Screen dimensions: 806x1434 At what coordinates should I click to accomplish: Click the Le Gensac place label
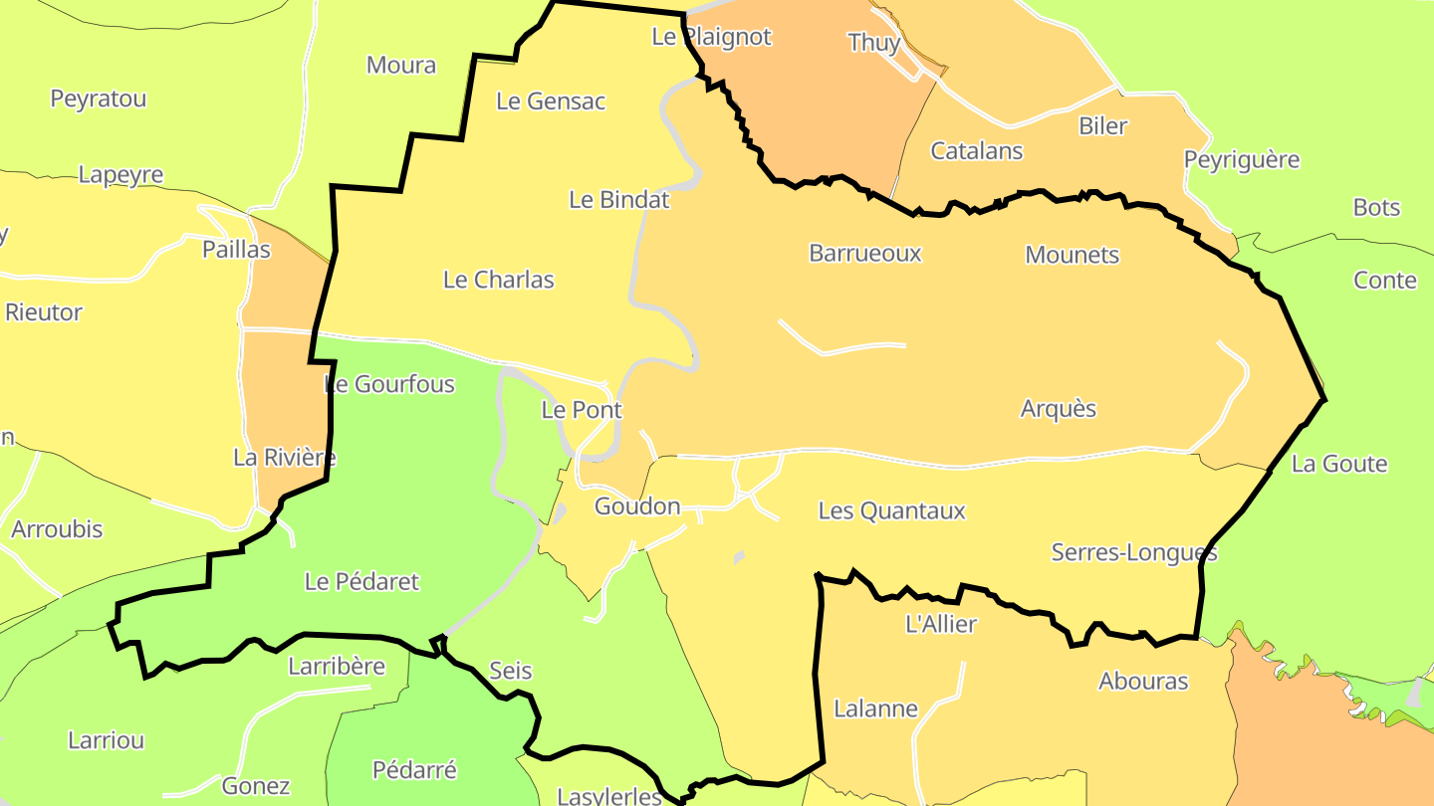coord(551,101)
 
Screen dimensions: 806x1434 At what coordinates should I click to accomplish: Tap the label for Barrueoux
coord(865,254)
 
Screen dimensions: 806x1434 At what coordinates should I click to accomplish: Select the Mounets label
coord(1073,255)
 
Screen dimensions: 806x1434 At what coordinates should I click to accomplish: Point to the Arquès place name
coord(1059,409)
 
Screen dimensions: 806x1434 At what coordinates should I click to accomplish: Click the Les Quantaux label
coord(892,511)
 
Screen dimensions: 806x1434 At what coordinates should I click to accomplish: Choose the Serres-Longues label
coord(1134,552)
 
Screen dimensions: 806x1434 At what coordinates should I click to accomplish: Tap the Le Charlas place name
coord(499,280)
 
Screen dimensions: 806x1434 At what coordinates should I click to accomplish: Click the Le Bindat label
coord(619,200)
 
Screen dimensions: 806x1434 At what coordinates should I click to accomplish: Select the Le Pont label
coord(582,410)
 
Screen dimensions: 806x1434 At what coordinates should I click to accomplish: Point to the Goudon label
coord(637,506)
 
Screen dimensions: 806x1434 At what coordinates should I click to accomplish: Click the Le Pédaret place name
coord(362,582)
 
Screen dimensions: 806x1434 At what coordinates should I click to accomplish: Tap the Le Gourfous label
coord(389,384)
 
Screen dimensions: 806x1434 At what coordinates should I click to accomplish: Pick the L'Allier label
coord(941,625)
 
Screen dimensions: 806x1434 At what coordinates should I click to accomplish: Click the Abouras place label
coord(1143,682)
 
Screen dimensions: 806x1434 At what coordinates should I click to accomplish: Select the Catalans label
coord(977,151)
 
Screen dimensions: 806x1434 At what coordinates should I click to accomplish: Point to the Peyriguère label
coord(1242,160)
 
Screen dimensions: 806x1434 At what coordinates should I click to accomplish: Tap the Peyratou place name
coord(99,100)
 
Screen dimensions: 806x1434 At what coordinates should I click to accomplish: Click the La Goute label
coord(1339,464)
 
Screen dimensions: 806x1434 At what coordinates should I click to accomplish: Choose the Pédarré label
coord(414,769)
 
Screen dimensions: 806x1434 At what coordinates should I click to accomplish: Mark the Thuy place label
coord(874,43)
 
